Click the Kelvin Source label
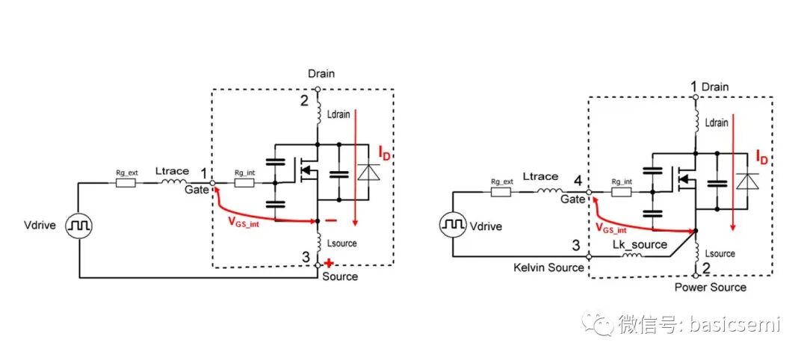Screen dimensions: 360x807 point(548,267)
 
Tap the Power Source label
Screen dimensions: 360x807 point(710,287)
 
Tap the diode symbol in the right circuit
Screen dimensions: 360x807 point(747,182)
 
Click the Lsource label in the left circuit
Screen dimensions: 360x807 point(342,243)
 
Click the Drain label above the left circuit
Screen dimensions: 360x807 point(321,74)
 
